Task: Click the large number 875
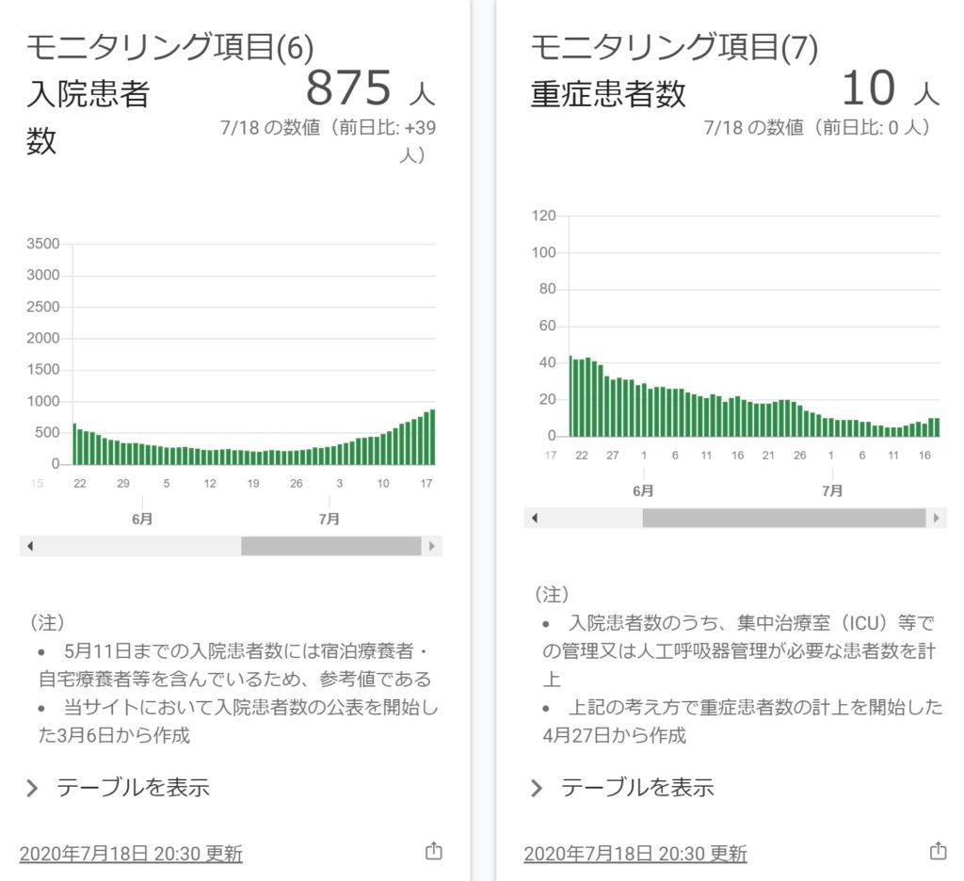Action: point(348,88)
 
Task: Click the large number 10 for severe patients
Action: point(867,88)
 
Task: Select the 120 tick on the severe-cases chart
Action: point(544,216)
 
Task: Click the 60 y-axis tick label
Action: point(548,326)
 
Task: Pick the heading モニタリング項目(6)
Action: point(169,47)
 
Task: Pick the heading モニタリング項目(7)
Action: point(674,47)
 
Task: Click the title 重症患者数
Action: point(608,94)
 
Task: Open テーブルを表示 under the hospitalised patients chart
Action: point(133,788)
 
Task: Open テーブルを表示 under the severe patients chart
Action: point(637,788)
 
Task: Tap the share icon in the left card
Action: point(433,851)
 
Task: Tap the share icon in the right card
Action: point(938,851)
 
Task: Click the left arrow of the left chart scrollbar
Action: point(29,546)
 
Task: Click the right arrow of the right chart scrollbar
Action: point(936,518)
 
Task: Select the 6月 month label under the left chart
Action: point(142,519)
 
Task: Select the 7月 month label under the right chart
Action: point(832,490)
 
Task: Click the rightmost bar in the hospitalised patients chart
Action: point(432,438)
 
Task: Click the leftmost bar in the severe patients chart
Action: point(570,396)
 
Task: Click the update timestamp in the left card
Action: point(131,854)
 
